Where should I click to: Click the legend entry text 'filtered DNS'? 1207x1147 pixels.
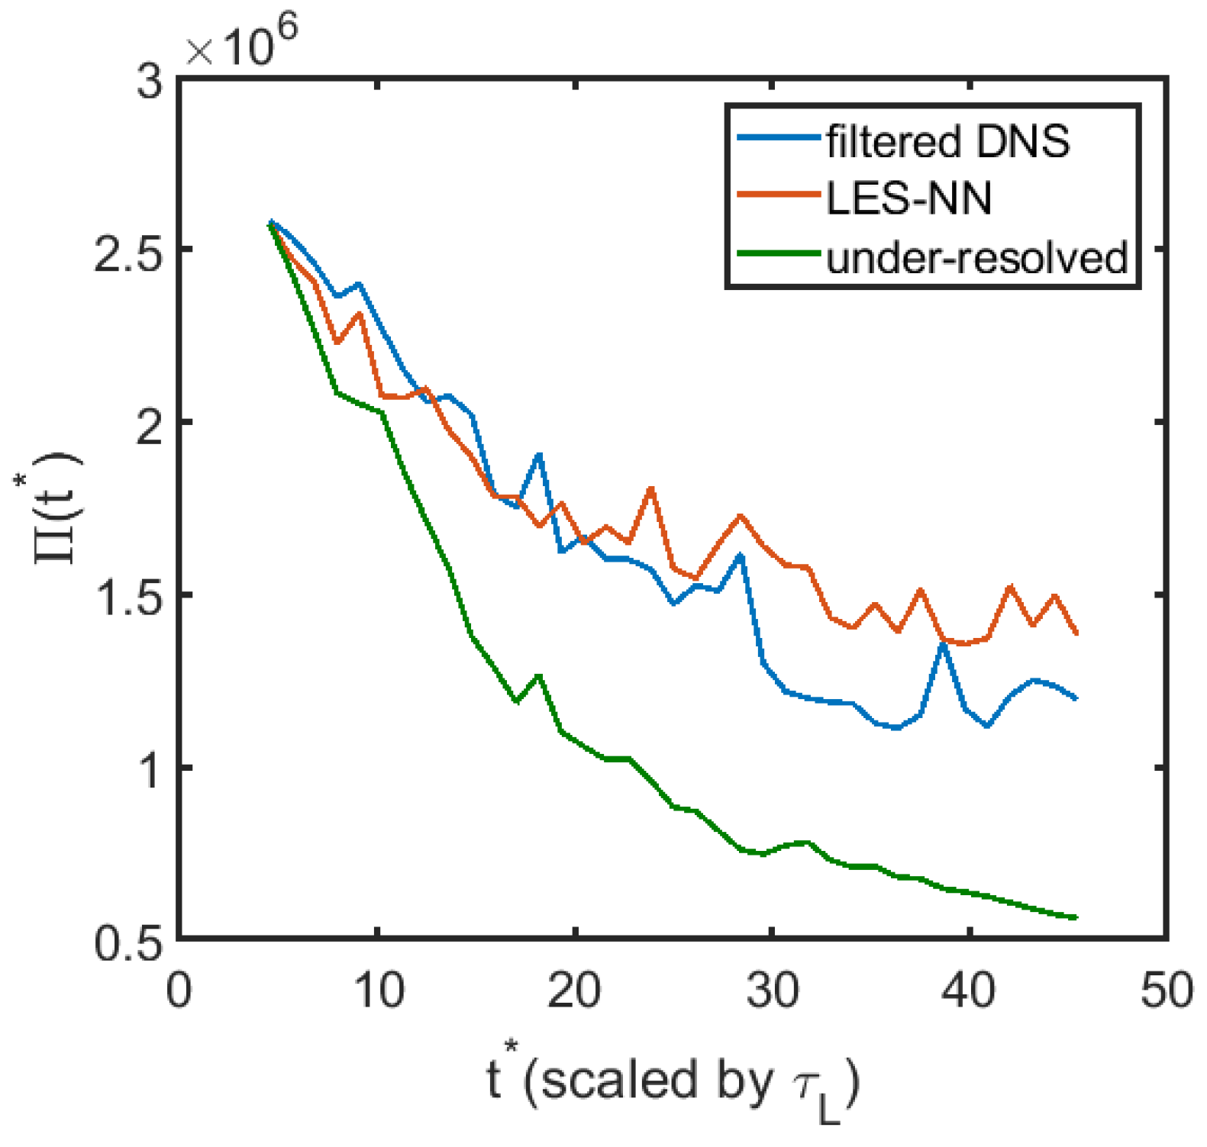click(948, 142)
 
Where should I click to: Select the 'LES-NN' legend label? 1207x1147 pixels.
click(908, 199)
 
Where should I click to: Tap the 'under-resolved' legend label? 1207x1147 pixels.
click(976, 258)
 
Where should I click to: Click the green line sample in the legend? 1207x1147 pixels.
click(779, 253)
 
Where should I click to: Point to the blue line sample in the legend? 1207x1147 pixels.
click(779, 137)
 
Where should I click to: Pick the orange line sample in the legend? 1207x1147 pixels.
click(779, 195)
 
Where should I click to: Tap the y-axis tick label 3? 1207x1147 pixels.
click(150, 79)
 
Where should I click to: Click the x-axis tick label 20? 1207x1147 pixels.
click(574, 991)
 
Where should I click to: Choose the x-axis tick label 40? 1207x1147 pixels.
click(969, 991)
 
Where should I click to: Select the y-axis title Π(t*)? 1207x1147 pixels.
click(57, 508)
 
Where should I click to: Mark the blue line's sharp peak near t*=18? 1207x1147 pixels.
click(540, 455)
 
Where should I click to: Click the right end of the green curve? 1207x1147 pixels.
click(1076, 917)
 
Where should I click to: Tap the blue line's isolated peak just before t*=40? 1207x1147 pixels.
click(944, 645)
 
